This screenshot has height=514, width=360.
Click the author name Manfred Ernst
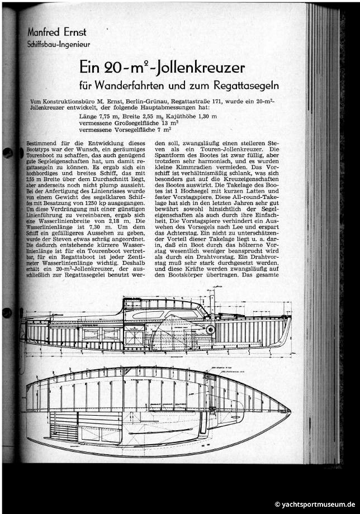point(54,31)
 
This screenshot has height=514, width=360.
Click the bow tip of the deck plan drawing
point(291,412)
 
